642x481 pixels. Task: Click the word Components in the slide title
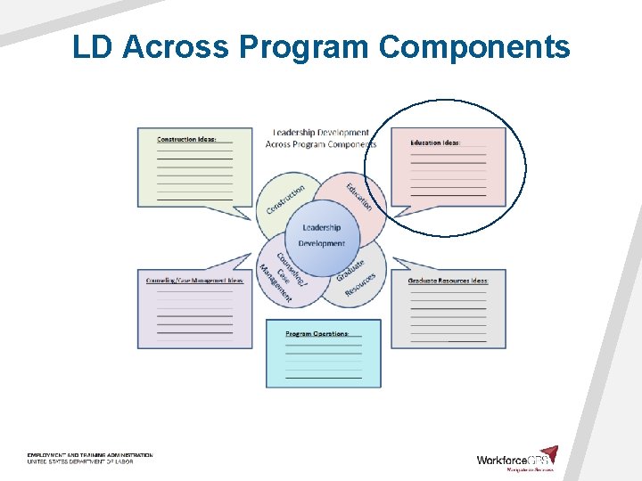474,46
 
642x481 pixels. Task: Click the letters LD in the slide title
94,46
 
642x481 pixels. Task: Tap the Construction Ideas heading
186,140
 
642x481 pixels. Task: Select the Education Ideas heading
435,143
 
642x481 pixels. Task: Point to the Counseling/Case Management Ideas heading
194,281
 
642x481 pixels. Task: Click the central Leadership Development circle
321,236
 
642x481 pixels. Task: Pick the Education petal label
358,197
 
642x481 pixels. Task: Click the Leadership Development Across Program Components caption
321,138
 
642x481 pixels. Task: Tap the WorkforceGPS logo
517,458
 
